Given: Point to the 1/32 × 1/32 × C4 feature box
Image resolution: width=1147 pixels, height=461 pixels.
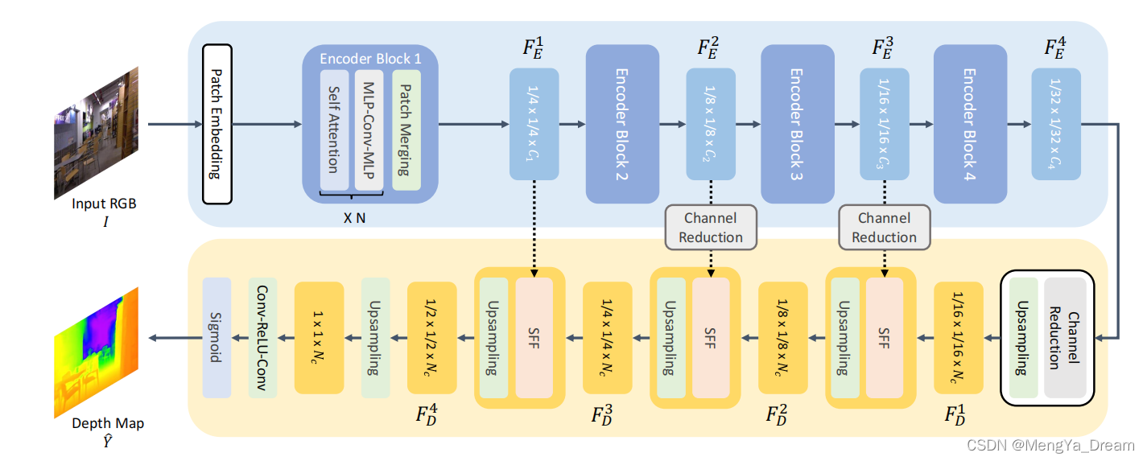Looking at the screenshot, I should (x=1057, y=123).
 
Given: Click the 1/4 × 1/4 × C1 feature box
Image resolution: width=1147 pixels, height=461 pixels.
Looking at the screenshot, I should (x=534, y=123).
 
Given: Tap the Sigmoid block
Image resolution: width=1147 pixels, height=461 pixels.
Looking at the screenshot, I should (x=217, y=338).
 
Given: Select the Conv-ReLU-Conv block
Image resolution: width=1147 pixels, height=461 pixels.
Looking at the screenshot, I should (x=262, y=338).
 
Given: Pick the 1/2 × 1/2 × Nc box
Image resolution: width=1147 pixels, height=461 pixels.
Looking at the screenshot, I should (x=432, y=338).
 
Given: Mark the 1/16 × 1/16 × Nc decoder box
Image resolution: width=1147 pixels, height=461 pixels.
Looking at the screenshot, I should (x=959, y=338).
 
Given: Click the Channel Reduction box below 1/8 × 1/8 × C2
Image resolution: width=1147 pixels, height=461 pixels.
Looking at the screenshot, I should (x=711, y=227).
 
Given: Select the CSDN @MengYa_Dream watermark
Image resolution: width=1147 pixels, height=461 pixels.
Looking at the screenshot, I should (x=1050, y=445).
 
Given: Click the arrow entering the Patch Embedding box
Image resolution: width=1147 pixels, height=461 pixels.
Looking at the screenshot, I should (x=173, y=124).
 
